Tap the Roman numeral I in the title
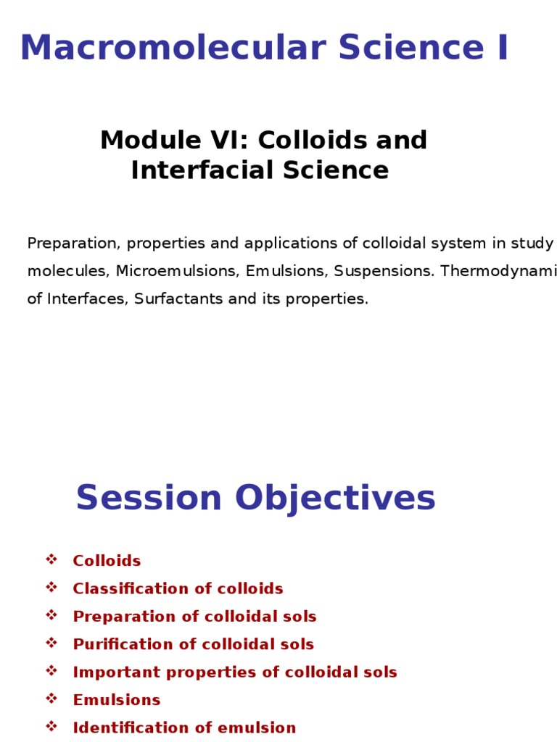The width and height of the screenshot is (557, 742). [501, 49]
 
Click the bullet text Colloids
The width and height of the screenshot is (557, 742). [107, 561]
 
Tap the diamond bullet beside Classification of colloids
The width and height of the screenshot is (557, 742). [51, 587]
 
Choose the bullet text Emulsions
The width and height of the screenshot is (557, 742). [117, 700]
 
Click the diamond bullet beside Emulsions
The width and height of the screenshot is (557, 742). [51, 699]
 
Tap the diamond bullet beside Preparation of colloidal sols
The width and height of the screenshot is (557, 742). [51, 615]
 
